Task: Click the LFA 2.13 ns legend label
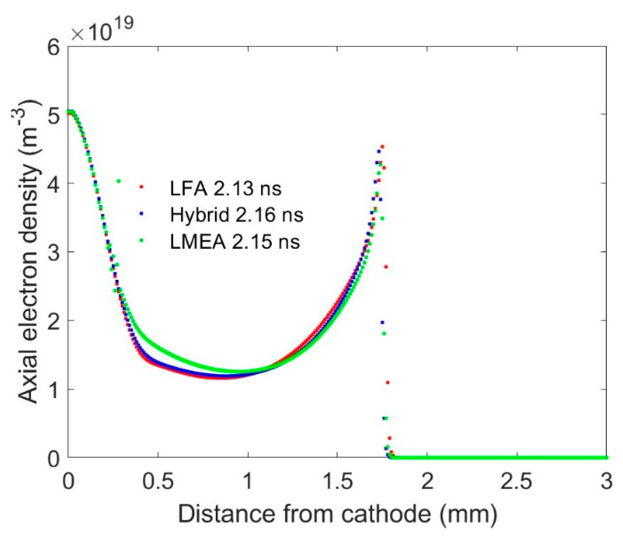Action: point(225,189)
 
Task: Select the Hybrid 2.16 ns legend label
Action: point(236,215)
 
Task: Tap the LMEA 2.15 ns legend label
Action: point(235,242)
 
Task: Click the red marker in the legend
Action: point(142,187)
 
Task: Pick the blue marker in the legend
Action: point(142,213)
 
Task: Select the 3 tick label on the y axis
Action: point(54,252)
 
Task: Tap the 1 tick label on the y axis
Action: point(54,389)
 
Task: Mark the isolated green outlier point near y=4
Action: point(119,181)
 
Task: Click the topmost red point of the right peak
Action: point(382,147)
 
